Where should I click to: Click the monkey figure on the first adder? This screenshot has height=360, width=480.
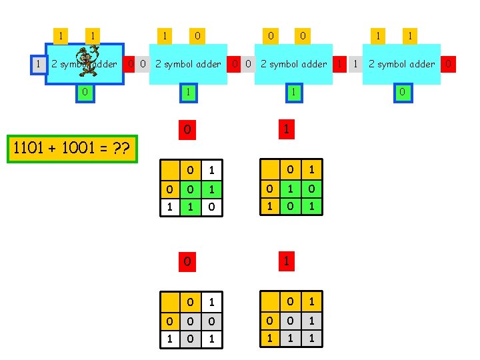click(87, 61)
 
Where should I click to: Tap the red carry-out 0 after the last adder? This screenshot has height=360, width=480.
click(449, 64)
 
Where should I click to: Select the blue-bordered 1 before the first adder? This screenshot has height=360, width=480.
click(39, 64)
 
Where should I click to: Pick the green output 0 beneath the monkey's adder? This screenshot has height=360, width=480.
click(83, 92)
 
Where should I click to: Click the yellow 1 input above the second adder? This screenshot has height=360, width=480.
click(163, 35)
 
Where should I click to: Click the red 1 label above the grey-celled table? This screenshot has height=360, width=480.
click(285, 261)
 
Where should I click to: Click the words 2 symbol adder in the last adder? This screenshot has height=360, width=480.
click(401, 64)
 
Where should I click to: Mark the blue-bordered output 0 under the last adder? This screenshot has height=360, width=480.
click(402, 92)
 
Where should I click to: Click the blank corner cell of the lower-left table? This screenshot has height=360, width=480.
click(170, 303)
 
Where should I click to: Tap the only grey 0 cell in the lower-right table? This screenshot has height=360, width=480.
click(290, 321)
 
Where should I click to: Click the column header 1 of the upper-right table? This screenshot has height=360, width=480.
click(311, 171)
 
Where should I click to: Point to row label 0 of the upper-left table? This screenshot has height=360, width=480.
click(170, 190)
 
